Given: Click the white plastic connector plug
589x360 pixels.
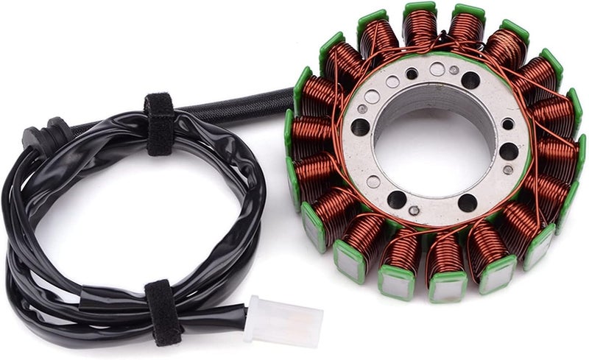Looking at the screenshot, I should point(283,320).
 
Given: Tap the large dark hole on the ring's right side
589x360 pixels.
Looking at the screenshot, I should point(509,151).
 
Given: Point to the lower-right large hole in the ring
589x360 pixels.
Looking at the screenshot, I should point(467,202).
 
